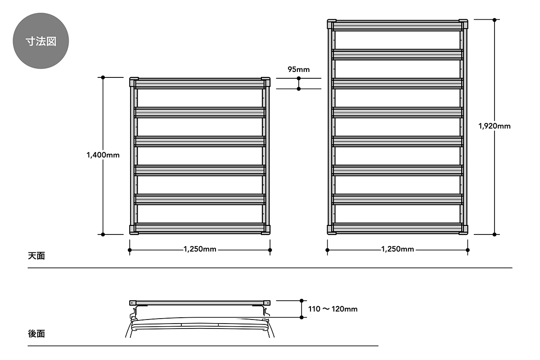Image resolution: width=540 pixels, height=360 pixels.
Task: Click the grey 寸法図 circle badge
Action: (x=41, y=41)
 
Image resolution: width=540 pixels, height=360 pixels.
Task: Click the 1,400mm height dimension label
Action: (x=103, y=155)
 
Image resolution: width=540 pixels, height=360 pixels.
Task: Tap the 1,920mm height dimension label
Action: (x=495, y=126)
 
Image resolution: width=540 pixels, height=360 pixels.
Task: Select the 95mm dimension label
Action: (x=299, y=69)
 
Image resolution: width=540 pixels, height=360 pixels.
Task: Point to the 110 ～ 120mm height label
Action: (x=333, y=309)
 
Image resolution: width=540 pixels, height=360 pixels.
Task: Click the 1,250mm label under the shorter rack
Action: (x=200, y=249)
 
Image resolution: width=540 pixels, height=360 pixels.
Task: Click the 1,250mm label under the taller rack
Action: (x=397, y=249)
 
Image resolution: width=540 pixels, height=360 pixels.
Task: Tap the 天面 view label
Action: (x=36, y=256)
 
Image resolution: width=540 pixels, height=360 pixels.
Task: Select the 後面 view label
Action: (x=36, y=334)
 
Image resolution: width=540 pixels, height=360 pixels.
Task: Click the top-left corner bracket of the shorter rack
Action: (x=134, y=82)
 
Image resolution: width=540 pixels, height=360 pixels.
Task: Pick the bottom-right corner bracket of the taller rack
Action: (x=463, y=229)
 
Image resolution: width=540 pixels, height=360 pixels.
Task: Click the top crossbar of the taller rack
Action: (x=397, y=26)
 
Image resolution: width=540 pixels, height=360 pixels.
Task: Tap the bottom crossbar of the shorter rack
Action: (x=200, y=228)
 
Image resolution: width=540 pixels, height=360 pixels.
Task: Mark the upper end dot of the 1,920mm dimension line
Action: (x=495, y=20)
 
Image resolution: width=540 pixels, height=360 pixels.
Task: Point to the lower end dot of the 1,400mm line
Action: (x=103, y=234)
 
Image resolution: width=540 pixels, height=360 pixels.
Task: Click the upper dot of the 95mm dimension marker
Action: (x=299, y=78)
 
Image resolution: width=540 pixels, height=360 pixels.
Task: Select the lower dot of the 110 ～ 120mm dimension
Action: (x=301, y=317)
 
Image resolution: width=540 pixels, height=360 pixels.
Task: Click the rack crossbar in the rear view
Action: (x=200, y=303)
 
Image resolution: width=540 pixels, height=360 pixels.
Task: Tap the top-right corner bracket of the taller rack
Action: (x=463, y=24)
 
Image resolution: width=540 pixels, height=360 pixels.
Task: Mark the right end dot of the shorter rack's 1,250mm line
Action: (x=270, y=250)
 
